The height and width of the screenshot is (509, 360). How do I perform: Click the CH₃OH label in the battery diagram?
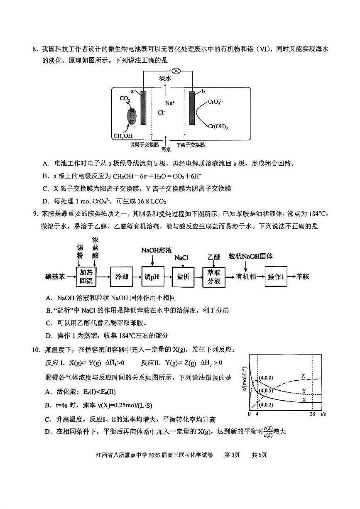tap(123, 136)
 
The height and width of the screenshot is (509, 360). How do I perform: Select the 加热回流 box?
tap(86, 277)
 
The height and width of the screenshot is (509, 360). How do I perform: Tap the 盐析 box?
tap(183, 277)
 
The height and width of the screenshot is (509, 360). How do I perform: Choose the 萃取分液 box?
tap(214, 277)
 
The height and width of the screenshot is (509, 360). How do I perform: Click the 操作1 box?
tap(276, 277)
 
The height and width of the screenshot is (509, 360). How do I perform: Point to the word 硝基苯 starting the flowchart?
tap(55, 277)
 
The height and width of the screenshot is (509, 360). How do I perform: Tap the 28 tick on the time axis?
tap(312, 414)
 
